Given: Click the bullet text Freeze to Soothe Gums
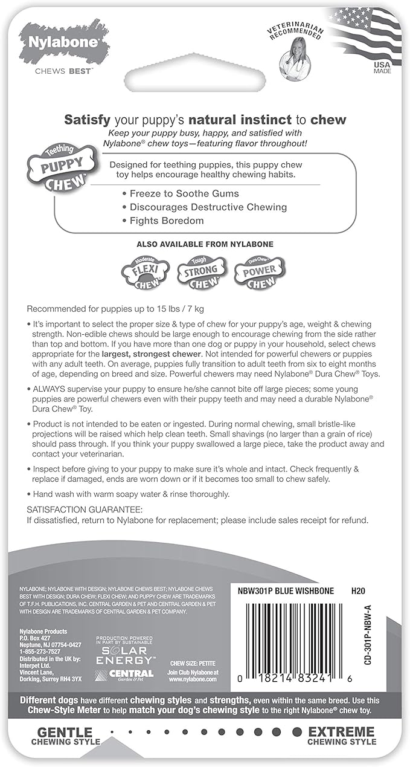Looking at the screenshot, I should [x=184, y=193].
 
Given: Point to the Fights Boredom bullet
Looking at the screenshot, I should [x=167, y=221].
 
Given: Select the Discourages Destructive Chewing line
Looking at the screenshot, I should [x=208, y=207].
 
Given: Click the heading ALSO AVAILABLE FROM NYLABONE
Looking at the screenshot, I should [x=205, y=244].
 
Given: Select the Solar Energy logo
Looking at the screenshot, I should [x=125, y=651].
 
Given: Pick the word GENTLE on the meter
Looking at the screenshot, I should [x=65, y=732].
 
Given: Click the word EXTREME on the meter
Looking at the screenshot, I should [x=341, y=732].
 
